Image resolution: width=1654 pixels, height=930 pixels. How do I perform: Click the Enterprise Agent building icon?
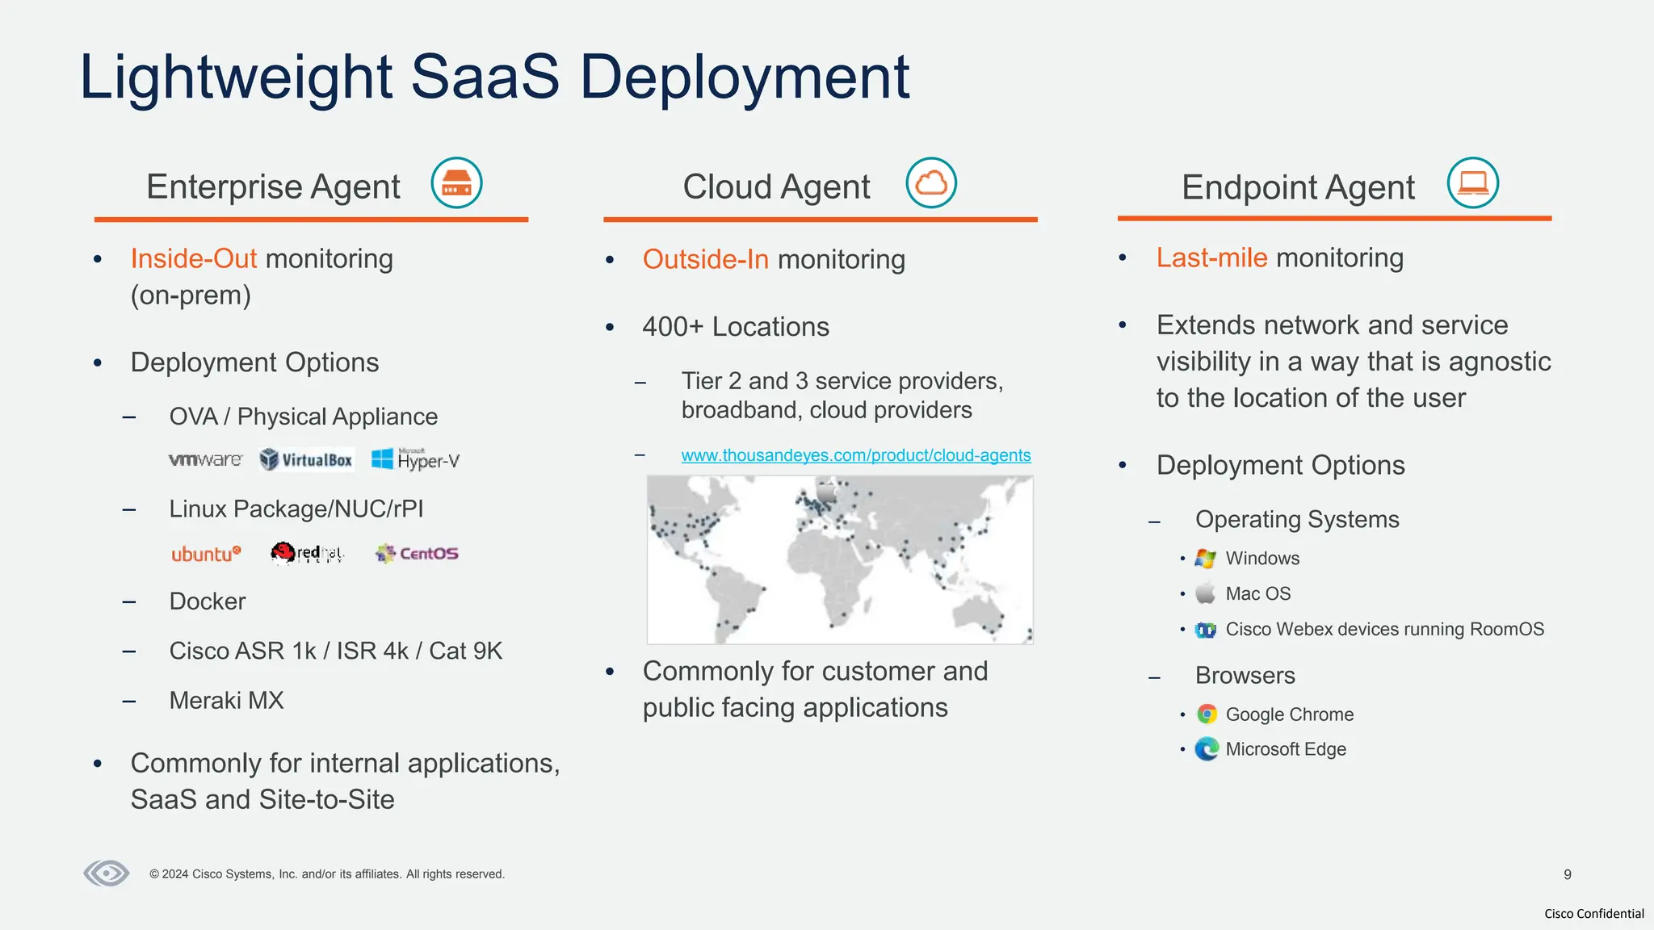456,183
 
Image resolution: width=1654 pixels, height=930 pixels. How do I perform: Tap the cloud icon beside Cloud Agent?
931,183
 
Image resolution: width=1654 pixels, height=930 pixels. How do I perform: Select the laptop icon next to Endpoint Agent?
1472,183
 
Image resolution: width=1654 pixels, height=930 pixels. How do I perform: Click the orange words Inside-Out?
193,259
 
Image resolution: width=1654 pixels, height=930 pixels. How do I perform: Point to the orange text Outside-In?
705,260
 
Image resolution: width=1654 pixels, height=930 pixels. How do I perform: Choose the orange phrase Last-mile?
1211,258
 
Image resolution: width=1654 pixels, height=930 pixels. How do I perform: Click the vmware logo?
205,460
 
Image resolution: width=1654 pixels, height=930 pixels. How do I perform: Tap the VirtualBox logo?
306,460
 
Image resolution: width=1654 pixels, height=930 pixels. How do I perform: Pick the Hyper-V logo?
415,459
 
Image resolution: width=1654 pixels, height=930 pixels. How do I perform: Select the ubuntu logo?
206,554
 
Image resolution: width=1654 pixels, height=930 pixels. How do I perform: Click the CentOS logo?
417,554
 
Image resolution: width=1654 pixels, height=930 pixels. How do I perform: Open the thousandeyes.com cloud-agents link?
855,455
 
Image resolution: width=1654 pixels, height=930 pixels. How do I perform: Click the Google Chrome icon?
1207,714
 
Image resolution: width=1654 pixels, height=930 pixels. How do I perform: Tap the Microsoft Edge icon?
1207,749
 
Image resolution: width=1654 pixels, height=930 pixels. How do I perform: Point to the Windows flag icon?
1206,559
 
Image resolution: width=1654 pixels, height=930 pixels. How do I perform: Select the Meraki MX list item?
226,701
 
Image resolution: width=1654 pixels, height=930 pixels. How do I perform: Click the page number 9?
1567,874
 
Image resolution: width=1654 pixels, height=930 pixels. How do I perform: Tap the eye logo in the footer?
107,873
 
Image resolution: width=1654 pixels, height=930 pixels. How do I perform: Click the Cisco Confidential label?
1593,914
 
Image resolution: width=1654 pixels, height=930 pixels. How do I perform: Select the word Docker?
207,601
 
